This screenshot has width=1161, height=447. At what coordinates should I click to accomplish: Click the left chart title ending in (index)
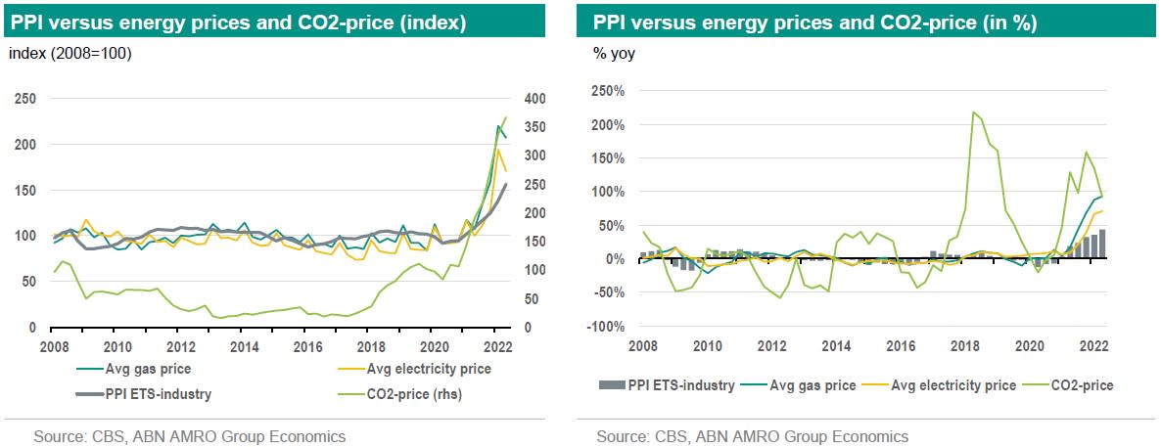[239, 21]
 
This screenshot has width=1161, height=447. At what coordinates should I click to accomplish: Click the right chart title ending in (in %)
[809, 21]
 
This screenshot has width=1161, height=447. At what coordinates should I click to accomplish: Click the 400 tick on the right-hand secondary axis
[536, 99]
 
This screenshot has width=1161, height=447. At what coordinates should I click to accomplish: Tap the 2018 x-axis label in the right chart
[964, 345]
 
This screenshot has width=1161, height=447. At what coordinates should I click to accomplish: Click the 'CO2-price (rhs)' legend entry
[428, 395]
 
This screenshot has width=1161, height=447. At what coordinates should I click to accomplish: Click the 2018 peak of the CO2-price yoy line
[973, 112]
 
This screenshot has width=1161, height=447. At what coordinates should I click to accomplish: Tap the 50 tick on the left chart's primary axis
[29, 282]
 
